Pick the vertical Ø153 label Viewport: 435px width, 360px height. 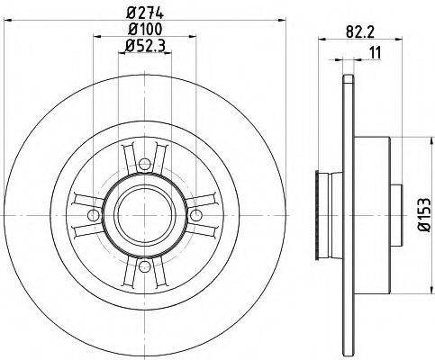point(421,214)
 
